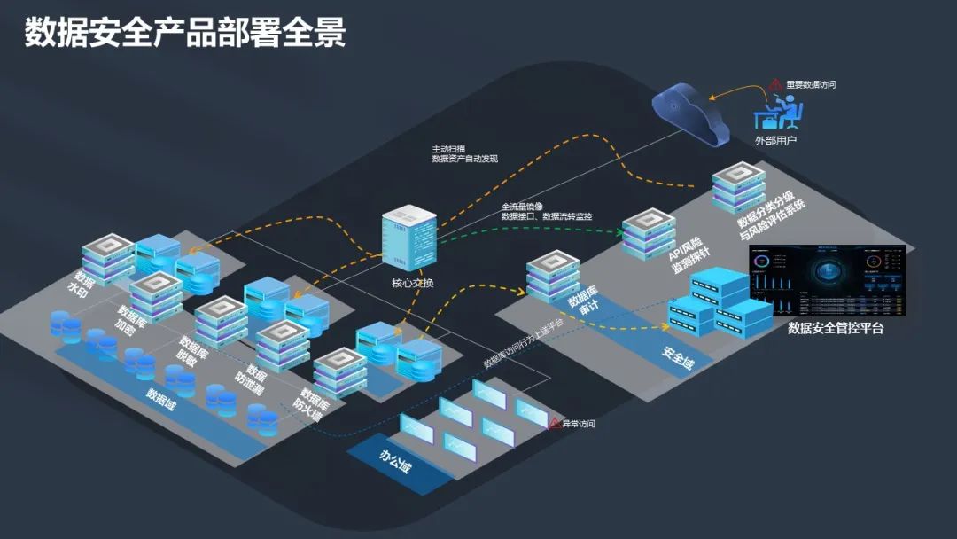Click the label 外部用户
point(775,140)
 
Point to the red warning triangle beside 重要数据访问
point(775,83)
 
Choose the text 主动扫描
point(447,148)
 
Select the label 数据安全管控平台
point(836,329)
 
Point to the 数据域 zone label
point(162,396)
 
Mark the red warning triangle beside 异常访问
point(555,424)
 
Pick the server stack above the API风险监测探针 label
point(648,231)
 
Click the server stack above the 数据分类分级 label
point(739,185)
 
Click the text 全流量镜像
point(522,207)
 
